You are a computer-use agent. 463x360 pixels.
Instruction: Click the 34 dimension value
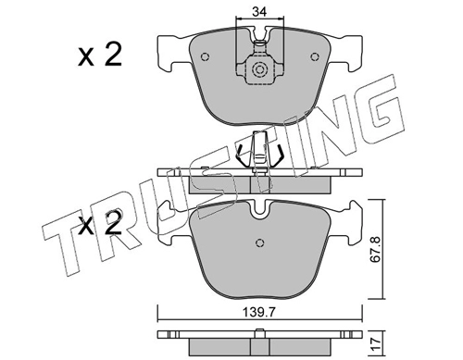(x=259, y=11)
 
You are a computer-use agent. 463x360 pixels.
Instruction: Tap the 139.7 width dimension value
(x=259, y=313)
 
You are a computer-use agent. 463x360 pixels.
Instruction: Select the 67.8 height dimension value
(x=375, y=249)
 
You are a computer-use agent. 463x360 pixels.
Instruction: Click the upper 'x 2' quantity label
(x=99, y=55)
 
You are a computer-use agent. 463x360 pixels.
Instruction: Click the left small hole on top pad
(x=205, y=56)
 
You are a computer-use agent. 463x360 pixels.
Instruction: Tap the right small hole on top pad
(x=314, y=56)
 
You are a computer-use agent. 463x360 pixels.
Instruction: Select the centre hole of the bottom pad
(x=260, y=242)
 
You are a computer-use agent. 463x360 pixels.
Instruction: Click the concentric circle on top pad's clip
(x=259, y=69)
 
